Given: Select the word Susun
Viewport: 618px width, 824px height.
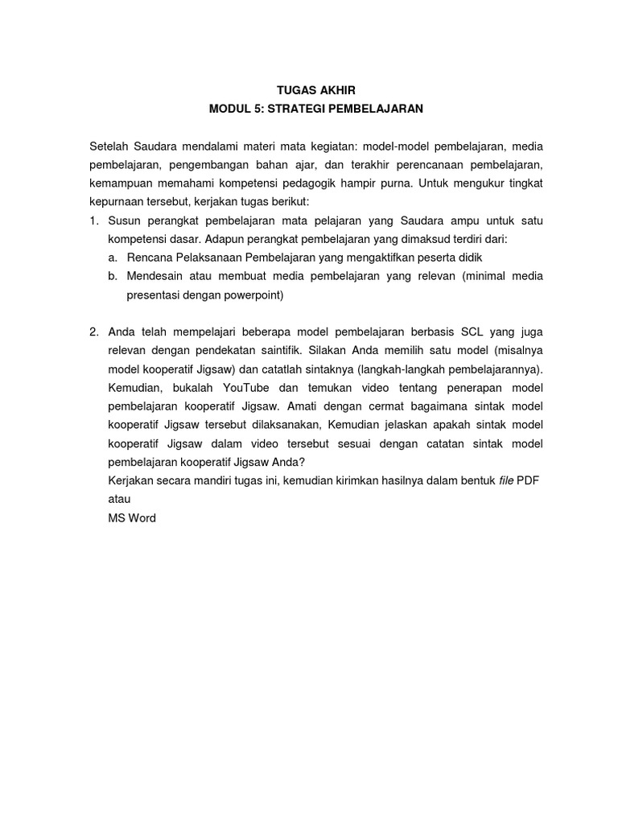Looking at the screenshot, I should [125, 220].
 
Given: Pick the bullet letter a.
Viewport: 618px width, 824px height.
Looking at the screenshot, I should [112, 257].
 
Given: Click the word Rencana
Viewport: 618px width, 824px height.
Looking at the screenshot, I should [150, 257].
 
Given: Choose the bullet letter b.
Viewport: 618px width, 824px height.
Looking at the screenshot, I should [112, 276].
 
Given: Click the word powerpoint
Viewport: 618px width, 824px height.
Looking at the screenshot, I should [250, 295].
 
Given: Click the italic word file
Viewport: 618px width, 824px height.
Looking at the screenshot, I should [505, 480].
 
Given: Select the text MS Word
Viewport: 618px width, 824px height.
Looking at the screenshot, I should [132, 517].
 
